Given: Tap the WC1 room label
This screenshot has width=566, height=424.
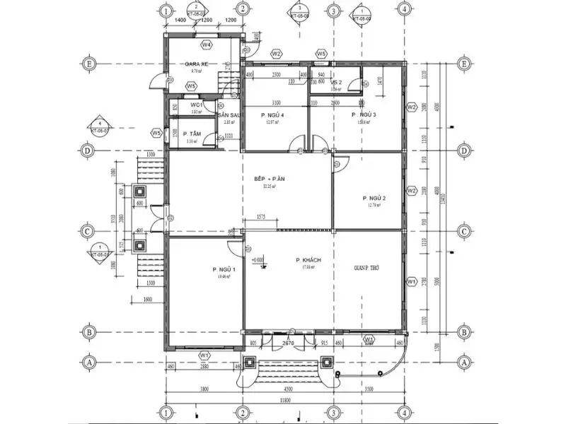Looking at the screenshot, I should click(x=196, y=105).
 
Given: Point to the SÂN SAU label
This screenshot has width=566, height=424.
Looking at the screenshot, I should click(x=231, y=114).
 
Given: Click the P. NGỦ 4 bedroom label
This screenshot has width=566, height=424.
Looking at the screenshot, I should click(x=272, y=114).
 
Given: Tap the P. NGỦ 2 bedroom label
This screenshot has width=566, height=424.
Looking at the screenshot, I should click(x=374, y=198).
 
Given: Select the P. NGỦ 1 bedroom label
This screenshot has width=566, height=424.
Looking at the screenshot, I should click(x=224, y=270).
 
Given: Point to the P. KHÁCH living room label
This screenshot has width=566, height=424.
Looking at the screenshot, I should click(x=308, y=260).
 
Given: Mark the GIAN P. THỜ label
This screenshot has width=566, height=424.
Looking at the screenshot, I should click(x=368, y=269).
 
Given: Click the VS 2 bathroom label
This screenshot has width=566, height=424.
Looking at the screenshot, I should click(x=337, y=83).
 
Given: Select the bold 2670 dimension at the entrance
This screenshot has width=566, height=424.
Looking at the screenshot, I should click(x=288, y=343).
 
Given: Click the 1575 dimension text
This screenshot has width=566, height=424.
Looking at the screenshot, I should click(x=261, y=218).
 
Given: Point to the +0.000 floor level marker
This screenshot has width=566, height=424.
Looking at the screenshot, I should click(x=258, y=260).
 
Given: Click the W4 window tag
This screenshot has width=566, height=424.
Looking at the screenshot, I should click(x=207, y=45).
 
